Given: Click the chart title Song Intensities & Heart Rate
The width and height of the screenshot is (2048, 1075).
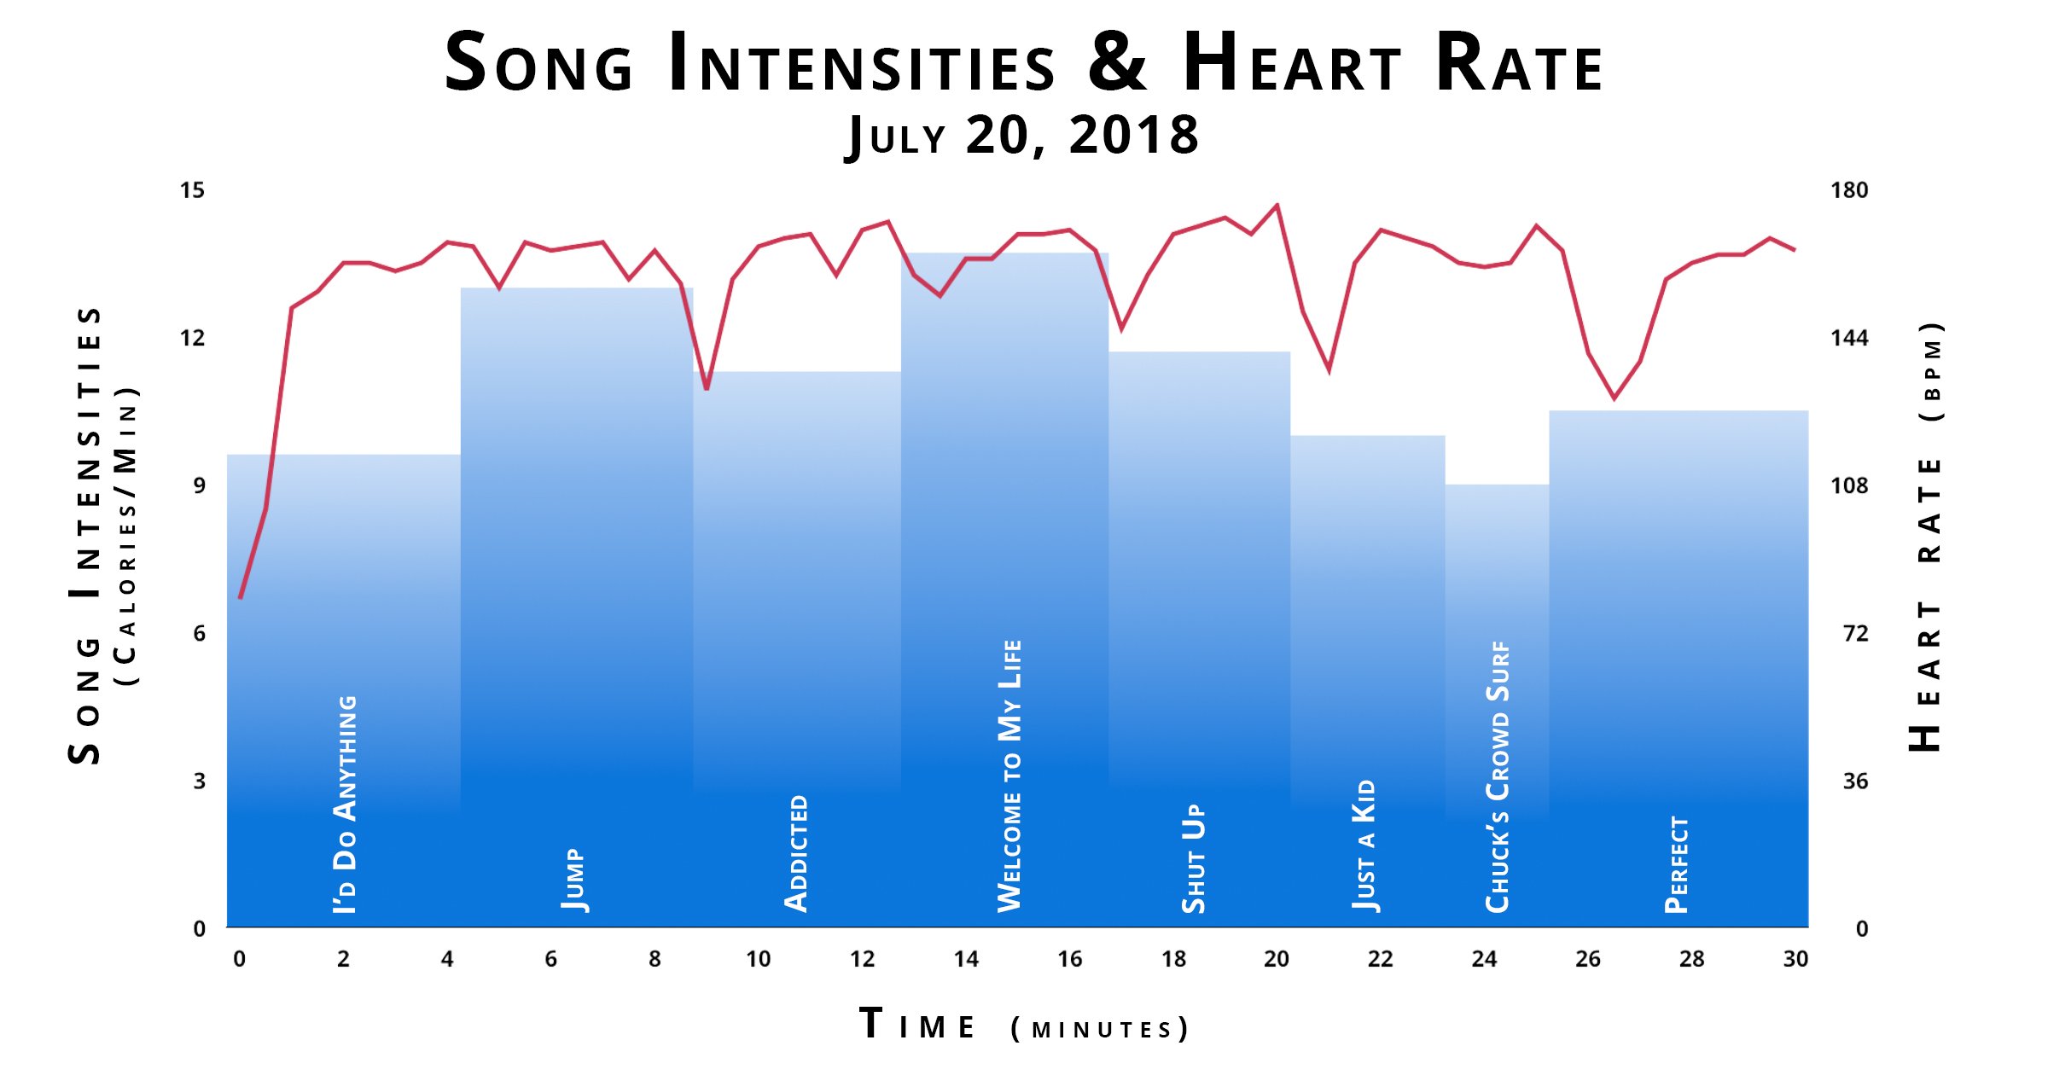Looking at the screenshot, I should click(x=1024, y=62).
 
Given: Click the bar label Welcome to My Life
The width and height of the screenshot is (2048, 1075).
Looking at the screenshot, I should click(x=1009, y=776).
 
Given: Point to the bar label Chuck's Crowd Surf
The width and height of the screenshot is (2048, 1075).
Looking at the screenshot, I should click(x=1498, y=777).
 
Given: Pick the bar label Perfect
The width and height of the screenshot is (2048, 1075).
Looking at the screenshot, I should click(x=1677, y=864).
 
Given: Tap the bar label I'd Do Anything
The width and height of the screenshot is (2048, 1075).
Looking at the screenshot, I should click(x=346, y=804).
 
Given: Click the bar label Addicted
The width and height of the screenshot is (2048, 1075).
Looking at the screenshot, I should click(x=796, y=853).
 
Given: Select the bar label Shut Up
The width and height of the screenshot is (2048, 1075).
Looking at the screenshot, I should click(x=1193, y=857).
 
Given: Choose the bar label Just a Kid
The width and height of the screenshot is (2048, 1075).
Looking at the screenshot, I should click(x=1364, y=845).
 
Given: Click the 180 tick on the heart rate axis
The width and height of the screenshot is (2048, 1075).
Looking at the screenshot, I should click(x=1848, y=190).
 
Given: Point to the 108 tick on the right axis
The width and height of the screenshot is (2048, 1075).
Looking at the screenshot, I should click(x=1848, y=485).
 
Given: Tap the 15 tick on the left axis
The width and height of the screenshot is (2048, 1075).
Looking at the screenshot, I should click(x=192, y=190).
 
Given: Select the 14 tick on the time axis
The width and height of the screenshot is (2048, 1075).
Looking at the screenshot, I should click(x=966, y=959).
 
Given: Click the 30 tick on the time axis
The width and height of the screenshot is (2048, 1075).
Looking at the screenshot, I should click(x=1795, y=959).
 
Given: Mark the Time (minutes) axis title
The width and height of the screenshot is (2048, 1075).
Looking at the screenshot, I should click(x=1024, y=1026).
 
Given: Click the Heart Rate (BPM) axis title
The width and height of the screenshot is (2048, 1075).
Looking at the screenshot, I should click(x=1928, y=537).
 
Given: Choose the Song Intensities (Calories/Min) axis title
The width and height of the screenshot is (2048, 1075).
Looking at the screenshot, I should click(x=102, y=536).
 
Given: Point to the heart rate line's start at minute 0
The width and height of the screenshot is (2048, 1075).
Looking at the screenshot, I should click(x=241, y=597).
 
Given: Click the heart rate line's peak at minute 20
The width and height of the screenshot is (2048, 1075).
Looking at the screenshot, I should click(x=1277, y=205).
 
